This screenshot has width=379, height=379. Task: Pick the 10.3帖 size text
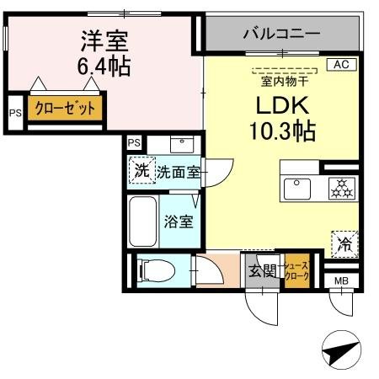[280, 132]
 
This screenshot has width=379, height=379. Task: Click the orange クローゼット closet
[64, 109]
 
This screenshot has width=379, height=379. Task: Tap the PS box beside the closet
[14, 112]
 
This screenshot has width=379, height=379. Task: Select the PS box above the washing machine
[135, 143]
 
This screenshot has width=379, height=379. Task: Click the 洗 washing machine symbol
[142, 172]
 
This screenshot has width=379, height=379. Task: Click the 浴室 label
[179, 223]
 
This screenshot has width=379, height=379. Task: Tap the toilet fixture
[155, 271]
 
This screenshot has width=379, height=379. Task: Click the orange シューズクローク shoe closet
[298, 271]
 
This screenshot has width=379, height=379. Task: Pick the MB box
[341, 281]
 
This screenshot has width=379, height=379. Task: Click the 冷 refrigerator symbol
[345, 245]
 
